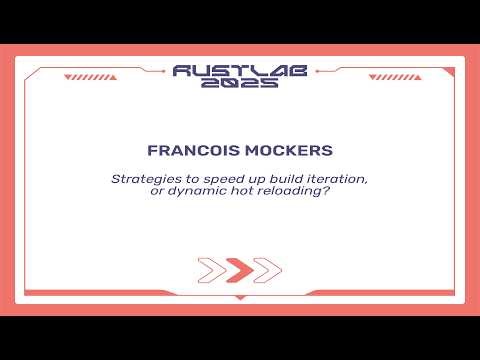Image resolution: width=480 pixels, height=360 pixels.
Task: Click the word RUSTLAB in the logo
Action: [239, 70]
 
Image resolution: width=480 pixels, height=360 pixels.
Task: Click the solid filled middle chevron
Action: [239, 270]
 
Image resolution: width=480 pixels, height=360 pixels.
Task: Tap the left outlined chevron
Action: [212, 270]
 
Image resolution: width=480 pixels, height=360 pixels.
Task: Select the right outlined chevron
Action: [266, 270]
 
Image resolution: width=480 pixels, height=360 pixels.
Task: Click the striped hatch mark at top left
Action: [82, 76]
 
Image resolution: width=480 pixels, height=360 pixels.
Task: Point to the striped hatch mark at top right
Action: [397, 76]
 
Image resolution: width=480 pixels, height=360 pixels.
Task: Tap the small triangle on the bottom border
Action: [239, 297]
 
